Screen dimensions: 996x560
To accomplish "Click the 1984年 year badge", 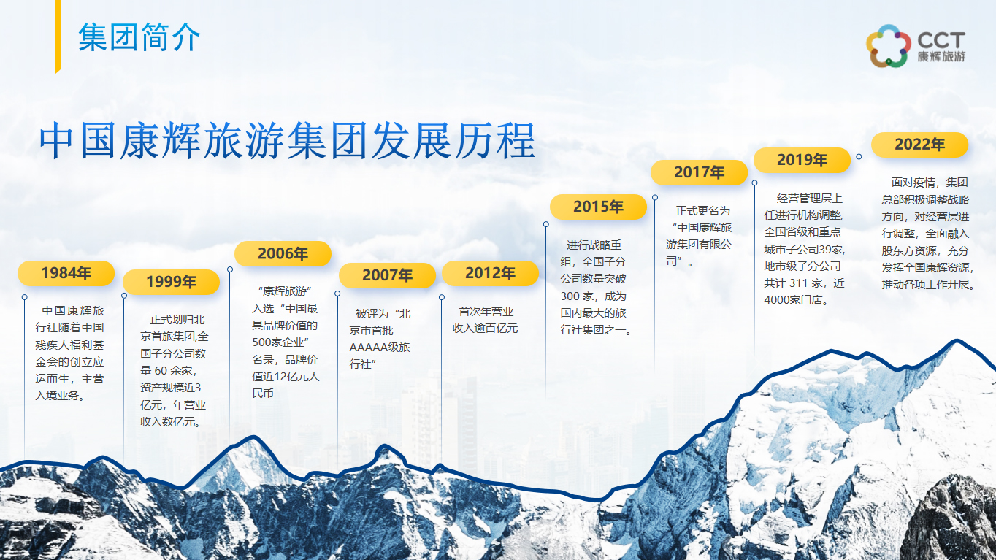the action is tap(66, 273).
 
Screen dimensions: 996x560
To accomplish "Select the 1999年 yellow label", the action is tap(171, 283).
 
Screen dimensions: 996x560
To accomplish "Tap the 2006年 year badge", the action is tap(283, 254).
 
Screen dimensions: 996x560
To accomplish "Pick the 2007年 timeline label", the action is tap(387, 275).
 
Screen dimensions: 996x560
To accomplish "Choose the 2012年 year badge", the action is tap(491, 273).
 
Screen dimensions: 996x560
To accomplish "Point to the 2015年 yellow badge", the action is tap(598, 207).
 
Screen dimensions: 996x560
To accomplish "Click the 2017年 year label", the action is tap(700, 172).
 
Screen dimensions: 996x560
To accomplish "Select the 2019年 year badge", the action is tap(802, 160).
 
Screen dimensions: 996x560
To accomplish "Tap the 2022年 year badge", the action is tap(919, 145).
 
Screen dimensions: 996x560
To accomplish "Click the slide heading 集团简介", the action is tap(139, 38).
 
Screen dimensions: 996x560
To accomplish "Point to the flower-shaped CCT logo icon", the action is tap(887, 46).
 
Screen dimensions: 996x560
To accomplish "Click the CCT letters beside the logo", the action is tap(941, 40).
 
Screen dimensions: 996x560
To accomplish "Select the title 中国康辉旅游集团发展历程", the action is tap(287, 141).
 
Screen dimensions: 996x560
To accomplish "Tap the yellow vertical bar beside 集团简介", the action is tap(58, 37).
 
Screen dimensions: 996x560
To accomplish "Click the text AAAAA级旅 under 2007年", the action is tap(380, 348).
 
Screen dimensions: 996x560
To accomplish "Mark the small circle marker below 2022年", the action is tap(859, 157).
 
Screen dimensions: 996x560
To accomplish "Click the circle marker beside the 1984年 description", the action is tap(24, 297).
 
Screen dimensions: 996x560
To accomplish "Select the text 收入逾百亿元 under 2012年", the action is tap(485, 329).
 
